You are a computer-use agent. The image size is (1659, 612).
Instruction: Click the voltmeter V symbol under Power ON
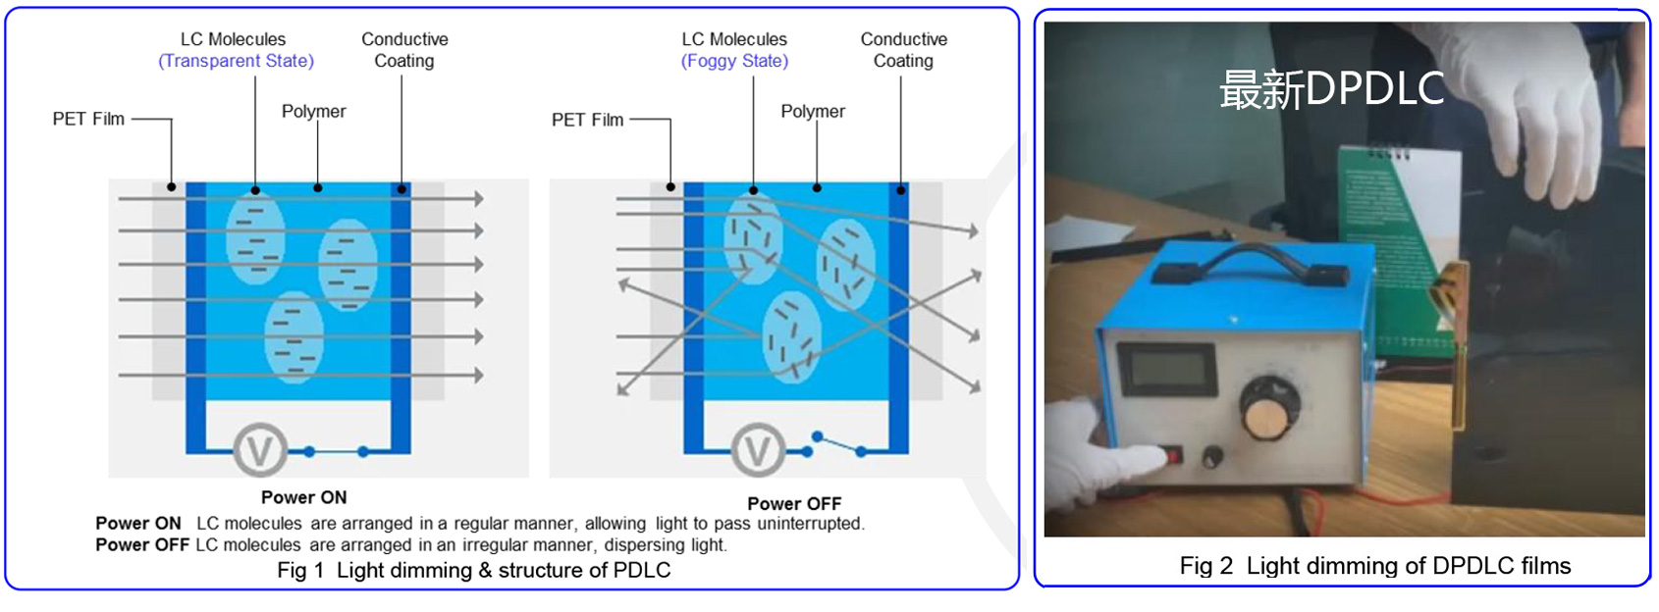click(x=260, y=450)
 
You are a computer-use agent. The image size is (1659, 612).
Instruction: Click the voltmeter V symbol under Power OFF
click(x=758, y=450)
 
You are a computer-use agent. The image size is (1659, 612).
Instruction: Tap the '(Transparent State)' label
click(x=236, y=61)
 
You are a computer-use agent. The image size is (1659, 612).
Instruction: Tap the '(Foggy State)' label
click(x=734, y=61)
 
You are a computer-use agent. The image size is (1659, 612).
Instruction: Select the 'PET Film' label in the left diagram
click(x=88, y=120)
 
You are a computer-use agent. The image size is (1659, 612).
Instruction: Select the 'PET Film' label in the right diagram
click(x=587, y=120)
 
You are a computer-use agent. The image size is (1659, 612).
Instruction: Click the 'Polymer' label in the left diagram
click(x=313, y=112)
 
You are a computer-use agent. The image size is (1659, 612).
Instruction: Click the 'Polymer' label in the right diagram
click(x=812, y=112)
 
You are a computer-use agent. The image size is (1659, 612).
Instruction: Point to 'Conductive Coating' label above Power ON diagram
click(x=404, y=50)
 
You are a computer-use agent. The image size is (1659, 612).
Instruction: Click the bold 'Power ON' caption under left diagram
click(x=303, y=497)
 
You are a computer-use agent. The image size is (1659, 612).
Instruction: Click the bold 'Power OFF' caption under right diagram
click(x=794, y=504)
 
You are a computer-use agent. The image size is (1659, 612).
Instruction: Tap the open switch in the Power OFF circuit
click(x=837, y=443)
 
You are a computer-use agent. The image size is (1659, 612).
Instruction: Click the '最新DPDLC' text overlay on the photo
click(x=1331, y=89)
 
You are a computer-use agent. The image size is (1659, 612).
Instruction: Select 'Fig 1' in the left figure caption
click(x=299, y=571)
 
